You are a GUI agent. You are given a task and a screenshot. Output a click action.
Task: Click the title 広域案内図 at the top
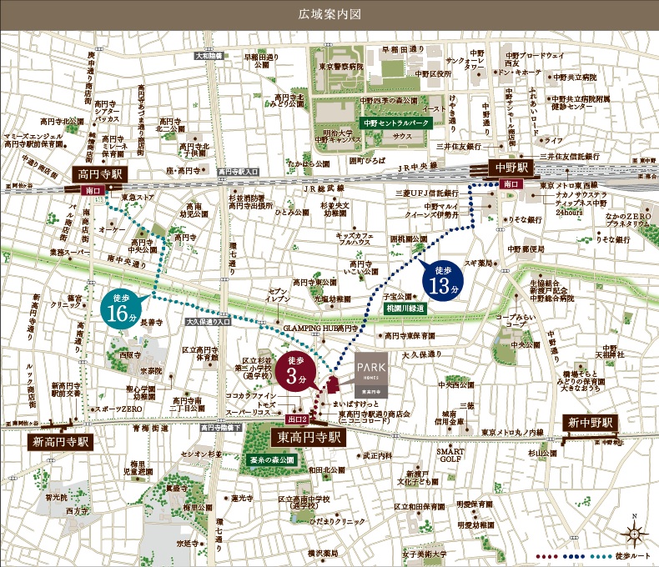click(x=329, y=14)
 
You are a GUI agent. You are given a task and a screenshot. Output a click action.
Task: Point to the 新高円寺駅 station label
click(x=59, y=440)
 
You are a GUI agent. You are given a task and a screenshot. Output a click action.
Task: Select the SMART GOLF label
click(x=451, y=455)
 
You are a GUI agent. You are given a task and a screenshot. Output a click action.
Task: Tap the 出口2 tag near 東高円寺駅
click(x=296, y=419)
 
